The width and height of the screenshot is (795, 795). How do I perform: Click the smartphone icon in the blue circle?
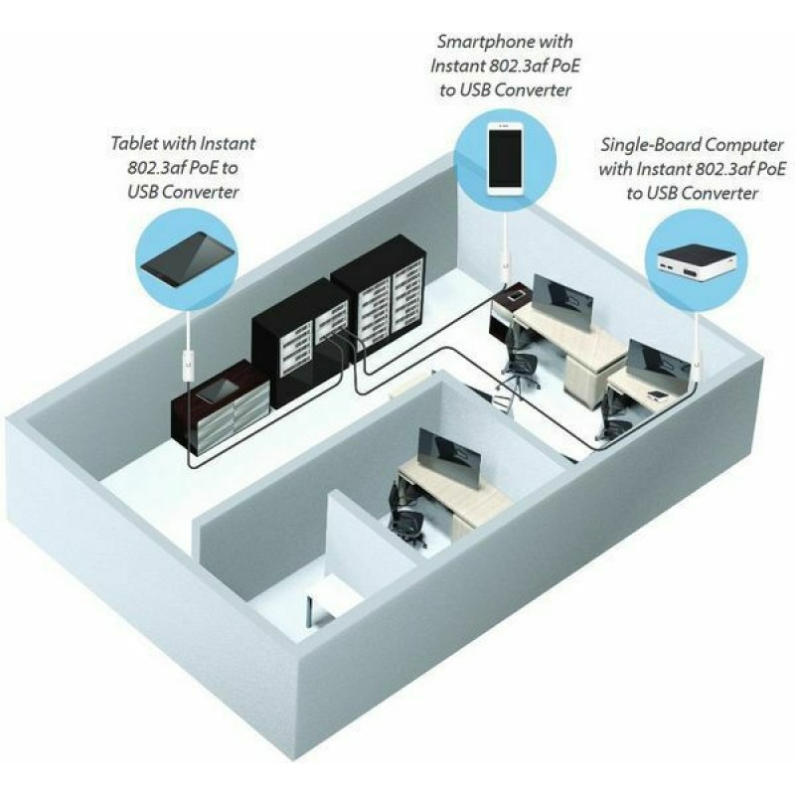pos(505,160)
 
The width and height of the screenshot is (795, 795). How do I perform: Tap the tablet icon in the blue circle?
pos(188,259)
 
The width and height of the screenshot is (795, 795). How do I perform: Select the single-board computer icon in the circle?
pos(697,261)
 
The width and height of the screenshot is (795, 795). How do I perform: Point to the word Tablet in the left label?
pos(135,143)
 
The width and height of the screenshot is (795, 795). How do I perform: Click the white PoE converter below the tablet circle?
pos(189,361)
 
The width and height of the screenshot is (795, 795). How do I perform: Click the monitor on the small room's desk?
pos(448,459)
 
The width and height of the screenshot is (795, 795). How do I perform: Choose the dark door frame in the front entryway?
pos(310,612)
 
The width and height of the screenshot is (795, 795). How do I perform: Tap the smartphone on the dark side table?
pos(517,295)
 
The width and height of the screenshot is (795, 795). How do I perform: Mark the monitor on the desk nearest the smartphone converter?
pos(562,302)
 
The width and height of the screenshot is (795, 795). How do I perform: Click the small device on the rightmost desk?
pos(657,394)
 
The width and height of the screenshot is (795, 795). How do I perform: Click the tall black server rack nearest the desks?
pos(379,294)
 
